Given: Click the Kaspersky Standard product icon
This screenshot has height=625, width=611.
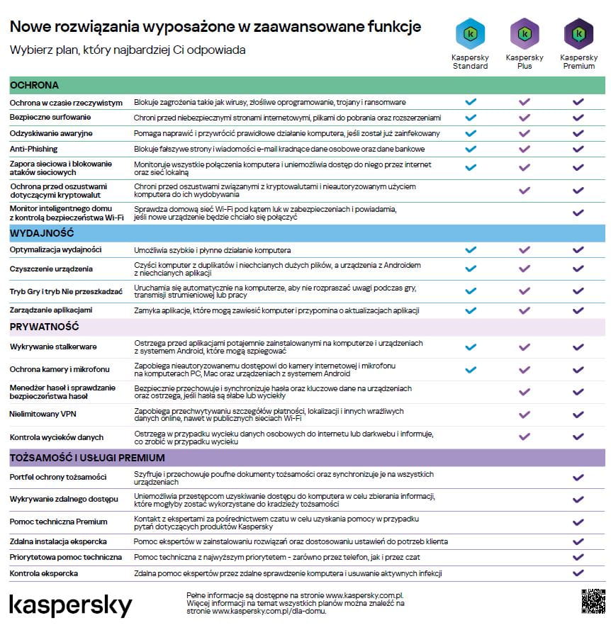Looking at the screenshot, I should point(470,33).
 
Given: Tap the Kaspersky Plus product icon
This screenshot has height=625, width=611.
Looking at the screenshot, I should point(524,33).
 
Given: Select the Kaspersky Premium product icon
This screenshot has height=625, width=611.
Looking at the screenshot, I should point(578,33).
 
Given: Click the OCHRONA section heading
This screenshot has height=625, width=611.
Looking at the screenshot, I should point(34,85).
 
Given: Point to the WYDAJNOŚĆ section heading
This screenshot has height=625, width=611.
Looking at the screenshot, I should point(42,233).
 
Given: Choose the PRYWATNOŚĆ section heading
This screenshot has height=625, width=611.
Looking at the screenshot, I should point(44,327).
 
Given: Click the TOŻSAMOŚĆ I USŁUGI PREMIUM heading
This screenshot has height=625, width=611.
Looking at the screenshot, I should point(87,458).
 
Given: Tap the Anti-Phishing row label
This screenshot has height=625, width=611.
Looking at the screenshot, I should point(33,149).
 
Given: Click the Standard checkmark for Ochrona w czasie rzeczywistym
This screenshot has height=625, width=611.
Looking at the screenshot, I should point(470,102).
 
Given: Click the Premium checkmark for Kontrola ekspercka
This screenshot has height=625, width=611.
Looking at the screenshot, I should point(578,573).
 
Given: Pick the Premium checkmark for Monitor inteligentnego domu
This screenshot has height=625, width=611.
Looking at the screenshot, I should point(578,212).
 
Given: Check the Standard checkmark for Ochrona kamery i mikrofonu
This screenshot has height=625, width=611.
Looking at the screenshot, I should point(470,369).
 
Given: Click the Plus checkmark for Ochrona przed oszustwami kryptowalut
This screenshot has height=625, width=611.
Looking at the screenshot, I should point(524,190).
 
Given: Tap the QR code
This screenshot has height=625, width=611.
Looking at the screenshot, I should point(593,601).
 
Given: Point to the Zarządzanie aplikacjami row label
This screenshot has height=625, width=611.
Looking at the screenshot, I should point(51,310).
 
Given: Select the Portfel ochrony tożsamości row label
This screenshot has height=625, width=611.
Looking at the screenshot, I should point(58,477).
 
